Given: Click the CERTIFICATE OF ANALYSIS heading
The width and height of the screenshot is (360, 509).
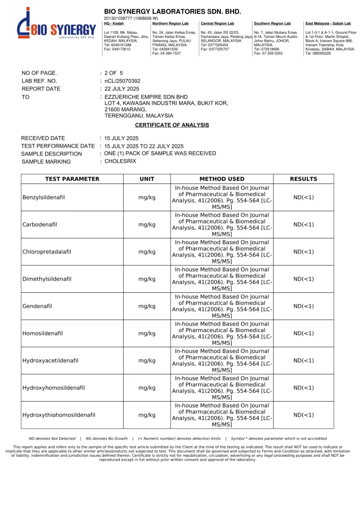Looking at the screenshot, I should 172,125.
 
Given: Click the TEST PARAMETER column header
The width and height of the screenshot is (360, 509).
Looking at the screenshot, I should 72,179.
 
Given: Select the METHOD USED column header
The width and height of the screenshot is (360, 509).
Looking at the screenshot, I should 222,179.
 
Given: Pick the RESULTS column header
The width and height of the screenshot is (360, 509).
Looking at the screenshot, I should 303,179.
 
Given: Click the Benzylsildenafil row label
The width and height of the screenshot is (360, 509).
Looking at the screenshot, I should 44,197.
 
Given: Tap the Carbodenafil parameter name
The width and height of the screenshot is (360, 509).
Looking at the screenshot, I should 40,225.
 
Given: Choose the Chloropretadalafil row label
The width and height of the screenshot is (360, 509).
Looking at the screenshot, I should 47,252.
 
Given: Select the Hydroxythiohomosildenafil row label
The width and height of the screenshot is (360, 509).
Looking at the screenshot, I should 59,415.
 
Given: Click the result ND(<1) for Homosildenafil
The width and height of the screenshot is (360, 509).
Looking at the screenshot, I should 303,333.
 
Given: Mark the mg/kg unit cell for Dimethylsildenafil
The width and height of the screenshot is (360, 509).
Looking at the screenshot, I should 147,279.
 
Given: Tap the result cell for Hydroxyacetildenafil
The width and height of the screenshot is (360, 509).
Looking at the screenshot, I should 303,360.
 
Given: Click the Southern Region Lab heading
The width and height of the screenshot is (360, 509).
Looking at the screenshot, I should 272,23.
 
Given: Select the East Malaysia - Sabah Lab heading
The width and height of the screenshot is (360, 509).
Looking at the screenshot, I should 328,23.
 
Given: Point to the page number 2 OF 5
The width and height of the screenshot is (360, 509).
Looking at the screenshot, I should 114,73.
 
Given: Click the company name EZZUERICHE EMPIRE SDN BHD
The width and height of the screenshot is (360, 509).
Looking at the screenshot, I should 146,96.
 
